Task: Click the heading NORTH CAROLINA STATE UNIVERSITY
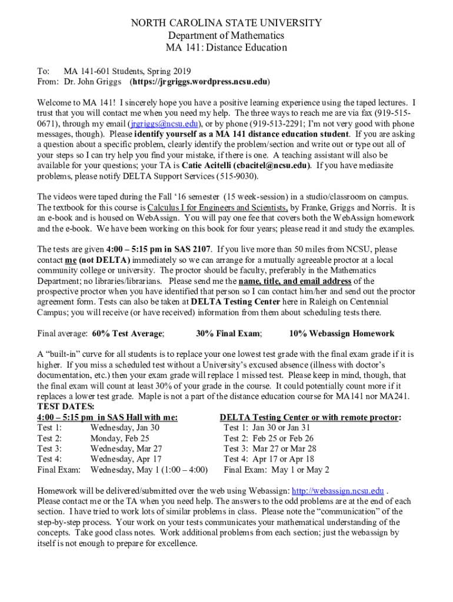(x=226, y=24)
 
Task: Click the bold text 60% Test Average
(x=127, y=333)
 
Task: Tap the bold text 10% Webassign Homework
(x=342, y=333)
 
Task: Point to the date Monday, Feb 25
(x=119, y=438)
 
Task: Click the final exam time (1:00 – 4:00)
(x=185, y=470)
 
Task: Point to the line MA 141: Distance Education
(x=226, y=48)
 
